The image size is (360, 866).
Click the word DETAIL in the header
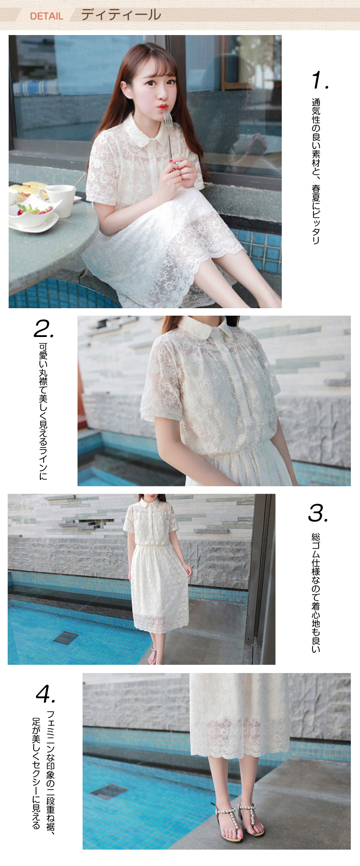click(x=47, y=16)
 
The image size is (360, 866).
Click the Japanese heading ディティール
click(x=121, y=14)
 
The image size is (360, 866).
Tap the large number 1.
click(x=320, y=80)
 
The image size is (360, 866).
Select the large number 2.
click(x=44, y=329)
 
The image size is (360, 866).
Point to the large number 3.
click(x=318, y=513)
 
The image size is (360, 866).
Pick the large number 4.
click(x=46, y=693)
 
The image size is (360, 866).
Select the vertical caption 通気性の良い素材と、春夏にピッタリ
click(x=316, y=171)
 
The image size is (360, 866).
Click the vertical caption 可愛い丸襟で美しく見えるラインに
click(x=43, y=411)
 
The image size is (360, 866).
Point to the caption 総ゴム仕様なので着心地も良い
click(x=316, y=593)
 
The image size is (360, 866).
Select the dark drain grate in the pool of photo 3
click(x=66, y=637)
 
